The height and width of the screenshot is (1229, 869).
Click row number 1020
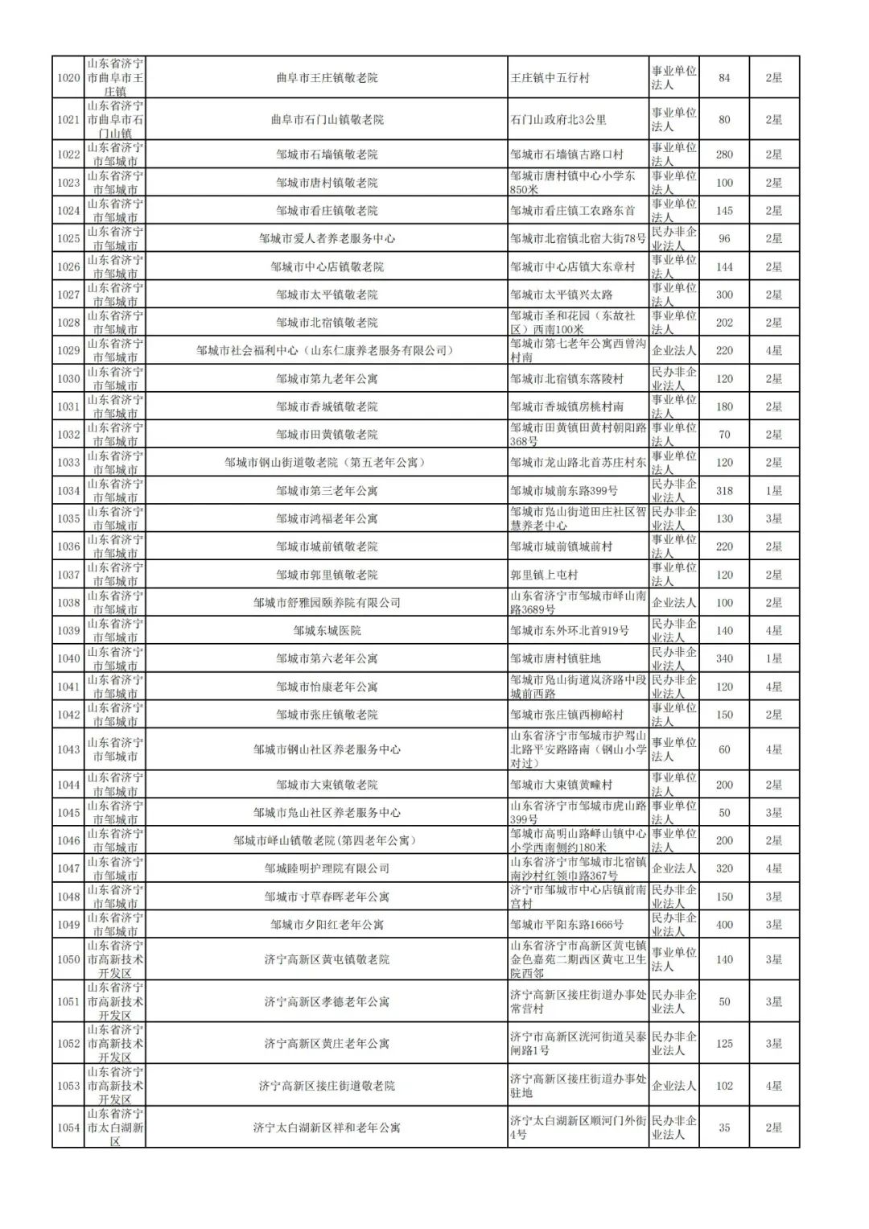[68, 78]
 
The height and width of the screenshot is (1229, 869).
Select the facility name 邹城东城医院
[327, 631]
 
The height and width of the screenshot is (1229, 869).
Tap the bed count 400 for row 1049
[724, 925]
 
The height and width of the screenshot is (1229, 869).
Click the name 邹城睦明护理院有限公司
[327, 868]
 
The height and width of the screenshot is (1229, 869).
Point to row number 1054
[68, 1128]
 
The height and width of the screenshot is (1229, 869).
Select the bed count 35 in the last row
[724, 1128]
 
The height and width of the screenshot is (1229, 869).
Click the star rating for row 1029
[773, 351]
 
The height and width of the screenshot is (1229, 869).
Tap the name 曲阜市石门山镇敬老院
[327, 120]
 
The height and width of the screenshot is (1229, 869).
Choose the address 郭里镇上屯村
[544, 575]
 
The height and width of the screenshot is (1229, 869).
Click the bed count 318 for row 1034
[724, 491]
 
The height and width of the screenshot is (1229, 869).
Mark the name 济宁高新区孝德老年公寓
[327, 1002]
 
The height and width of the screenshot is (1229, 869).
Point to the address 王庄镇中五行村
[550, 78]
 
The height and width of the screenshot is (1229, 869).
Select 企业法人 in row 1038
[673, 603]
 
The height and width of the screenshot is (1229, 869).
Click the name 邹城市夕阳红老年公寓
[327, 925]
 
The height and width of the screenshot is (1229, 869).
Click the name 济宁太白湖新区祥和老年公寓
[327, 1128]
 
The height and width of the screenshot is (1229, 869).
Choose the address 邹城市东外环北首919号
[570, 631]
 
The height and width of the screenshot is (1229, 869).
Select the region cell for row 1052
[115, 1044]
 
